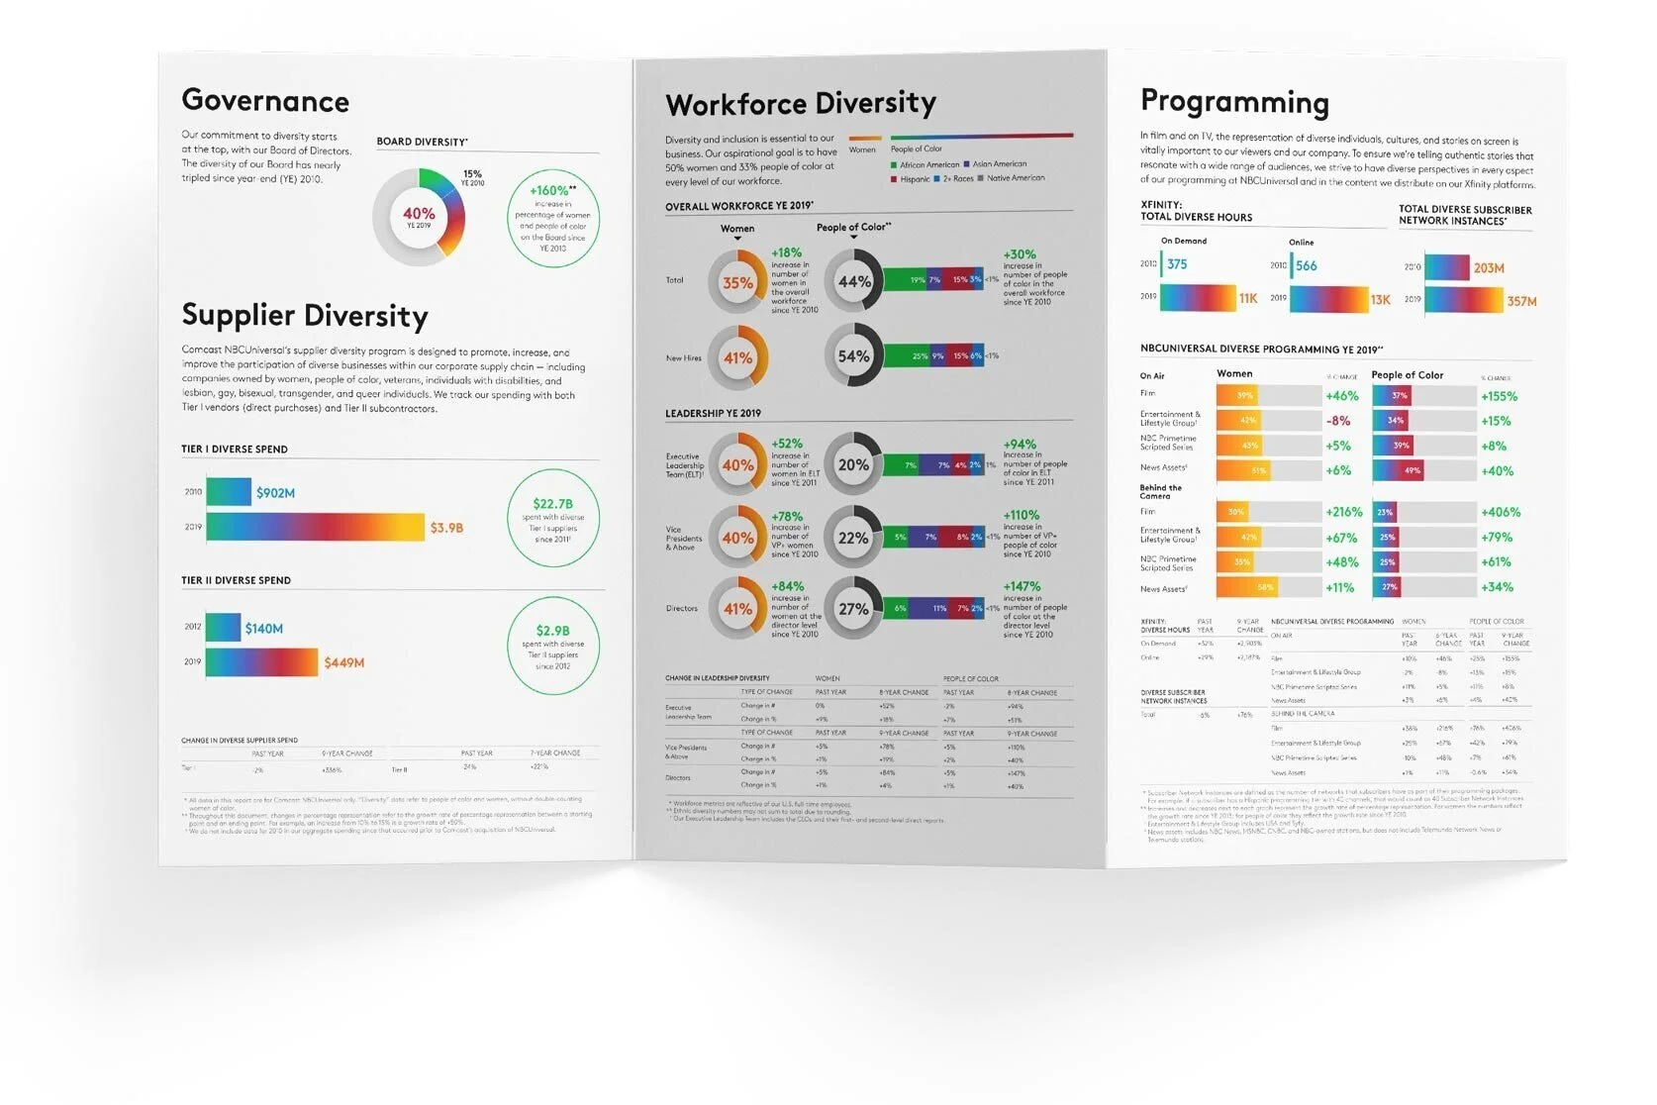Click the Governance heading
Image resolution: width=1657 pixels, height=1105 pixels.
[x=265, y=101]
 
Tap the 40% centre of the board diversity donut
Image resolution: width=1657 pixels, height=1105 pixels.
[x=419, y=216]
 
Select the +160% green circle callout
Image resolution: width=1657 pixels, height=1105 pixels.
[x=552, y=218]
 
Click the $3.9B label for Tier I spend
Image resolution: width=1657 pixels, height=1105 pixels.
[x=446, y=528]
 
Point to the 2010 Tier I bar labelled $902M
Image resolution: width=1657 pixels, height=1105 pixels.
[x=229, y=492]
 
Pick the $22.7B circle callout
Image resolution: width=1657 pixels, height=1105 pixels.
[x=552, y=518]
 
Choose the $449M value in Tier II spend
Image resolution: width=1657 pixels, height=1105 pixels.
[x=344, y=662]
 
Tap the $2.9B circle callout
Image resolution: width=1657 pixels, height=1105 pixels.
[x=552, y=646]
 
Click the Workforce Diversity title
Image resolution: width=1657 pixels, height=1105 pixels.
[x=800, y=104]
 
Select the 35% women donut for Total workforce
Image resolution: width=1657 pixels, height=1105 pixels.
[x=737, y=282]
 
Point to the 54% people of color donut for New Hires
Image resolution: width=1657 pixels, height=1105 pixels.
[x=853, y=356]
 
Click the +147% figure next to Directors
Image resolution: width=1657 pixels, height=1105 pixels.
[x=1022, y=586]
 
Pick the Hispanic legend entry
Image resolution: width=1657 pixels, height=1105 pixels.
[x=910, y=179]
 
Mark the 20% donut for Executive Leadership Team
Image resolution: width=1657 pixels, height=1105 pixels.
[x=853, y=464]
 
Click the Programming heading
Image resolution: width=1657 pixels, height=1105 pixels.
[x=1234, y=102]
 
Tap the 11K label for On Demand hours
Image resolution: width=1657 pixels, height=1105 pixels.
[x=1248, y=298]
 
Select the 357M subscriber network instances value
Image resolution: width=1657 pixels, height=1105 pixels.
[x=1521, y=301]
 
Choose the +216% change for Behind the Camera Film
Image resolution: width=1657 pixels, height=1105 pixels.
[x=1343, y=512]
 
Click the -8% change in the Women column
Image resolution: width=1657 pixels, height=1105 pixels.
[x=1338, y=421]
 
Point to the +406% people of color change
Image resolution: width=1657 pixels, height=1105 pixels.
[x=1501, y=512]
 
